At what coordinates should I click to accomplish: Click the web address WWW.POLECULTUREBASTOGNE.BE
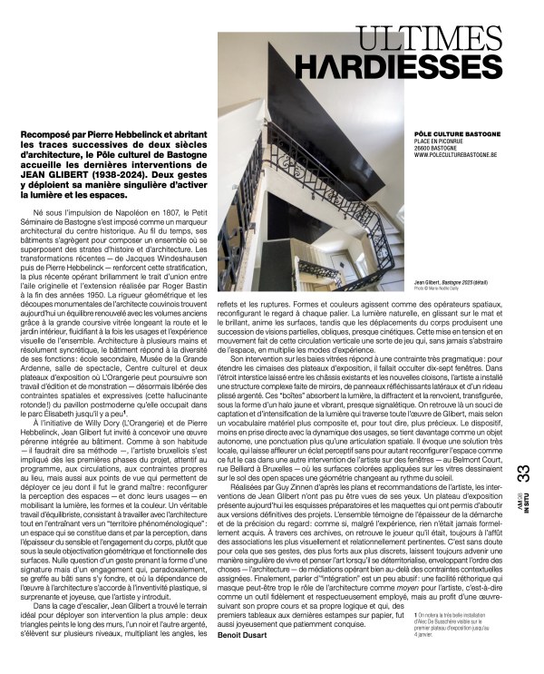[x=452, y=154]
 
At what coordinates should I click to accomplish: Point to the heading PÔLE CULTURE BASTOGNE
[x=442, y=133]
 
